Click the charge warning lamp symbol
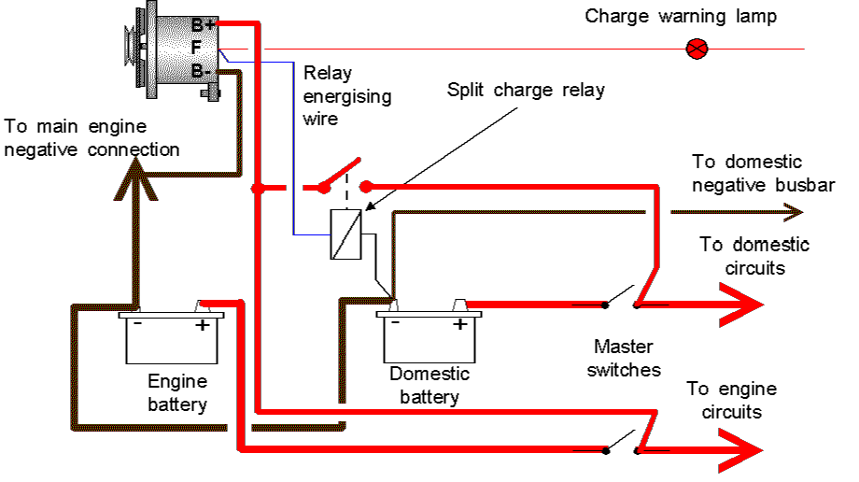click(697, 49)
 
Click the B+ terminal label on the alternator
click(204, 24)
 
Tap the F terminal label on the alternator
click(196, 48)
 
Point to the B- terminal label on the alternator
click(202, 70)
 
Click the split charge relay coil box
click(345, 234)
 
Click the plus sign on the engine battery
click(201, 325)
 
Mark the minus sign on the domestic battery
click(396, 324)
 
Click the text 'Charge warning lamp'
click(681, 17)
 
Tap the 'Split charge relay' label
click(526, 91)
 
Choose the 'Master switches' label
click(625, 360)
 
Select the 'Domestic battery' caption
click(429, 385)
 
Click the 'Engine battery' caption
click(177, 392)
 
